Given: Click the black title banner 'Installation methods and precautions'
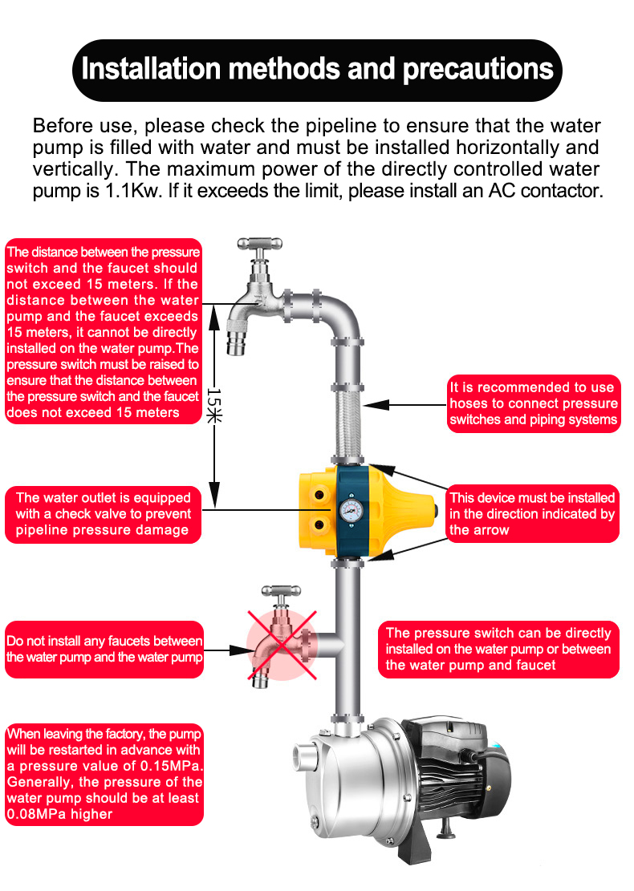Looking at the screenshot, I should [317, 69].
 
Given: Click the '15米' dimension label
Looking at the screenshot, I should [213, 404].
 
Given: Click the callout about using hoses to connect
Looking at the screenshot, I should [533, 403].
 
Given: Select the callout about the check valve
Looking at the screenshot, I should [103, 514].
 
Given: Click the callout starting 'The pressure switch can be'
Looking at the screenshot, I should [498, 649].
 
